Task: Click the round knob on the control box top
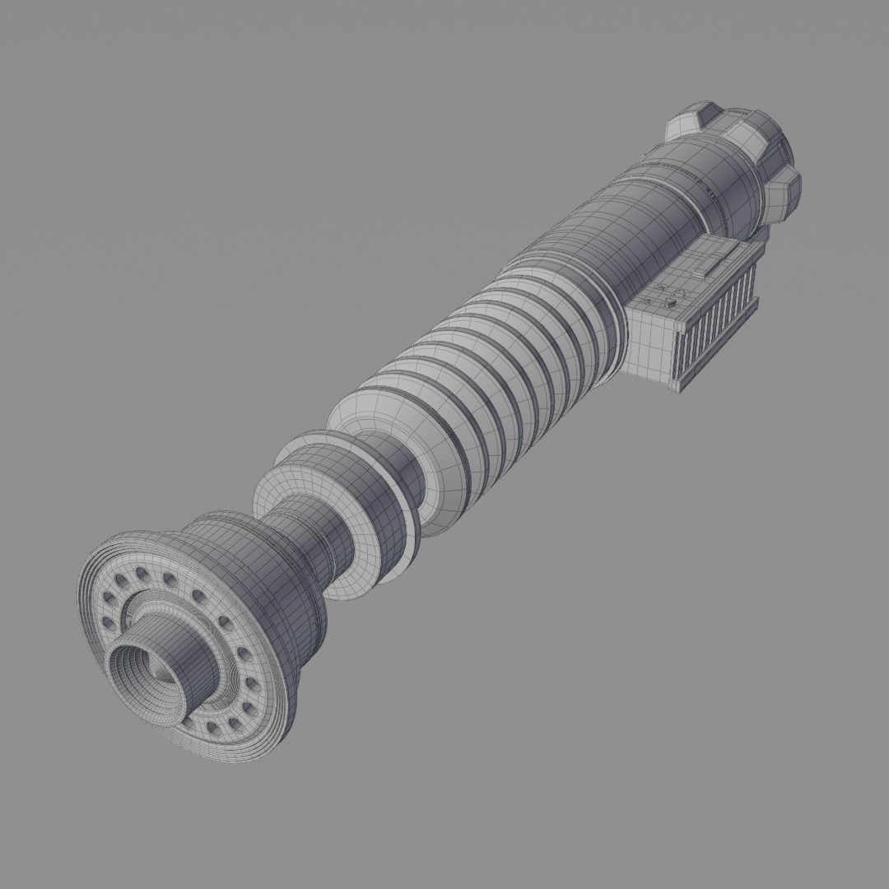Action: (x=671, y=305)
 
